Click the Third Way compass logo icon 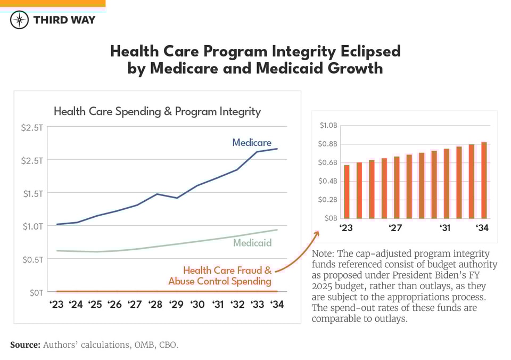19,20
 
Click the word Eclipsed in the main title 364,51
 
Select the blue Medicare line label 252,143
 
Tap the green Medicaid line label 252,243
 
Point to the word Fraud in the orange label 242,271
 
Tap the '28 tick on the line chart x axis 155,305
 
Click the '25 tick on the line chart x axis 95,305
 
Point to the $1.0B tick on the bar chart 328,126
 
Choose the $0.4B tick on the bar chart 328,181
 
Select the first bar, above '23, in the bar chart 347,191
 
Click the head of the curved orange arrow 317,233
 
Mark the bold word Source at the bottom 24,345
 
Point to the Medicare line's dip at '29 176,198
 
